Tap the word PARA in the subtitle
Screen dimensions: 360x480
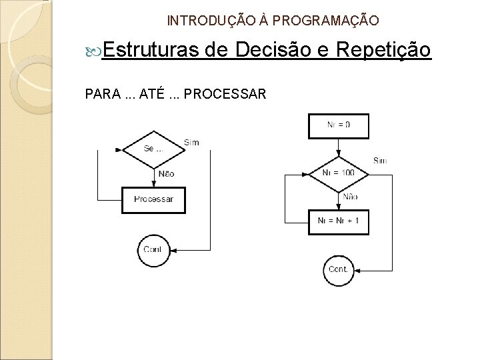click(100, 94)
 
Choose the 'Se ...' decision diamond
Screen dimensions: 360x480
click(153, 148)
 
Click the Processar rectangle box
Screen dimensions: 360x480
click(153, 199)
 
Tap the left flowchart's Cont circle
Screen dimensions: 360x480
click(153, 249)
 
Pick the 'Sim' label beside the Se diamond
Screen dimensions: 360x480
click(191, 142)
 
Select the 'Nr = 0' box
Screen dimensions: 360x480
click(339, 125)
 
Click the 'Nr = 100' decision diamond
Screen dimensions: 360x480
click(339, 173)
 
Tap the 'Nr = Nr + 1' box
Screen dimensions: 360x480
click(339, 221)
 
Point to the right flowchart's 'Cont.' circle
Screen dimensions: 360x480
click(339, 269)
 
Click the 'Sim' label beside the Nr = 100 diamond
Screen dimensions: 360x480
click(380, 161)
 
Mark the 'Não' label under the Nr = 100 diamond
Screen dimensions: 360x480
click(350, 197)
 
